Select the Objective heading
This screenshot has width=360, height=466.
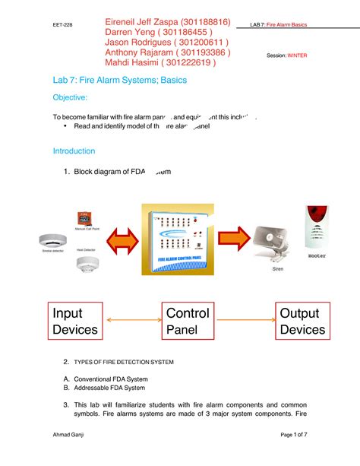[x=70, y=98]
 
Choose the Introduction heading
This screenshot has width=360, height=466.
[x=74, y=151]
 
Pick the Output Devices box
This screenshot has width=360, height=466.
[x=302, y=322]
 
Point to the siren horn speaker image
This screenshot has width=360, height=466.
[x=271, y=243]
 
